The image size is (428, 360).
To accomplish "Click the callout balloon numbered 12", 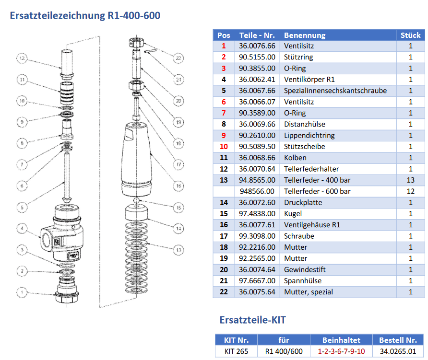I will pyautogui.click(x=22, y=59).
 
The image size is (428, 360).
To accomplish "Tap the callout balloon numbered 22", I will pyautogui.click(x=178, y=58).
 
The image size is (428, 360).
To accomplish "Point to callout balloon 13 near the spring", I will pyautogui.click(x=179, y=249).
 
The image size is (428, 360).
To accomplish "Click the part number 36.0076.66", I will pyautogui.click(x=257, y=46).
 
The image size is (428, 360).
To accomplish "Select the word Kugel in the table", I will pyautogui.click(x=294, y=214).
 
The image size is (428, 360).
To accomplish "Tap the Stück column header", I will pyautogui.click(x=410, y=35).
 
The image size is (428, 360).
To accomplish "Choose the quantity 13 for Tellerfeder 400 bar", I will pyautogui.click(x=410, y=180).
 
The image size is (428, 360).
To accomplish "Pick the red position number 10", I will pyautogui.click(x=224, y=147).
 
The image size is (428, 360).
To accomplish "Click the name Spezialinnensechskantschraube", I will pyautogui.click(x=335, y=91).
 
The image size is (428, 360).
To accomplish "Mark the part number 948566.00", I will pyautogui.click(x=257, y=191).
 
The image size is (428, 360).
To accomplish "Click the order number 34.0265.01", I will pyautogui.click(x=398, y=351).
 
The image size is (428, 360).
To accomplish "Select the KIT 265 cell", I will pyautogui.click(x=236, y=351).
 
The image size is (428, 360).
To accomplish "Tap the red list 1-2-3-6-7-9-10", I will pyautogui.click(x=341, y=351).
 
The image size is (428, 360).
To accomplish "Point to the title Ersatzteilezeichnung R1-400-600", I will pyautogui.click(x=85, y=15).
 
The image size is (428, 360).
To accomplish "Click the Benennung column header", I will pyautogui.click(x=305, y=35).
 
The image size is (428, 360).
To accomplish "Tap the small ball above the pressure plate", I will pyautogui.click(x=137, y=200).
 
